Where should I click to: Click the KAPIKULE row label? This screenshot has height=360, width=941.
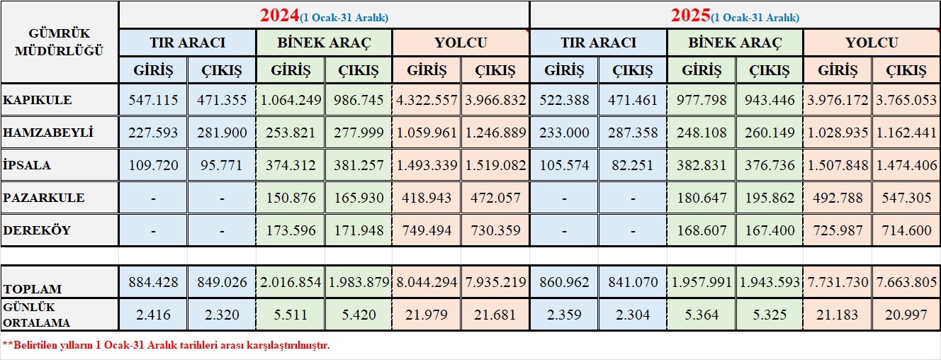click(38, 100)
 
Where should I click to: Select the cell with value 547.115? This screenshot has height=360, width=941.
click(153, 100)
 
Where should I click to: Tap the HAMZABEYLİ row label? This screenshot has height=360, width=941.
click(47, 133)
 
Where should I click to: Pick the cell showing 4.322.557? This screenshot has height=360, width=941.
click(427, 100)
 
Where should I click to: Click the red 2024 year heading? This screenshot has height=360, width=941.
click(280, 16)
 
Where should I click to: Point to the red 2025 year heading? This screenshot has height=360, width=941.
click(691, 16)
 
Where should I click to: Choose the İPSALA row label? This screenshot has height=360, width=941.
click(27, 165)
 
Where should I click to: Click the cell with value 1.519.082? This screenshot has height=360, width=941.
click(495, 165)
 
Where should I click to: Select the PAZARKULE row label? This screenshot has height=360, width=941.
click(44, 198)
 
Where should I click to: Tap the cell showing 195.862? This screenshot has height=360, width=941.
click(770, 198)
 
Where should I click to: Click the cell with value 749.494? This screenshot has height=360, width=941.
click(427, 230)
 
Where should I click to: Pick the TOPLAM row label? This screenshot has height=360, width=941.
click(33, 289)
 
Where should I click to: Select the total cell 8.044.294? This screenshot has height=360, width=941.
click(427, 282)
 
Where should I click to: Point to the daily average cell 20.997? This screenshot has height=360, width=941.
click(906, 315)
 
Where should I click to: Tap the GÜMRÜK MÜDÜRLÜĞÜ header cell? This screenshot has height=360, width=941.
click(60, 42)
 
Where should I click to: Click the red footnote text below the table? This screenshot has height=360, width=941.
click(167, 346)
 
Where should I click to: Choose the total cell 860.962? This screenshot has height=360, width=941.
click(564, 282)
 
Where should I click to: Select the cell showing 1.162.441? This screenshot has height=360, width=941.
click(906, 133)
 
